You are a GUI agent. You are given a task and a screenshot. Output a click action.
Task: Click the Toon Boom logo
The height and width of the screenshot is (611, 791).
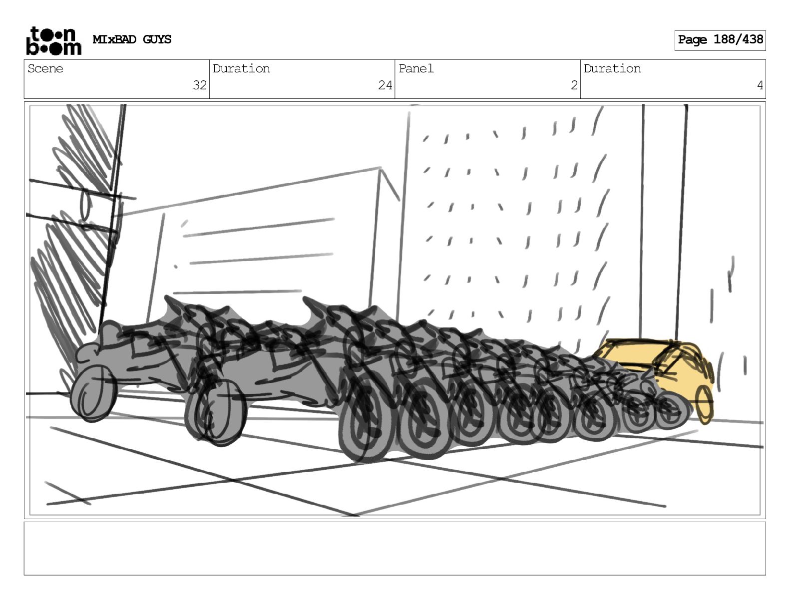pyautogui.click(x=54, y=41)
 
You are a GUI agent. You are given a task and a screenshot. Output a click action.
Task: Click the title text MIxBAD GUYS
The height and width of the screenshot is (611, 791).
pyautogui.click(x=132, y=39)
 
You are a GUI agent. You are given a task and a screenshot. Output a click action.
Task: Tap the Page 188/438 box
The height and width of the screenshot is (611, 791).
pyautogui.click(x=720, y=40)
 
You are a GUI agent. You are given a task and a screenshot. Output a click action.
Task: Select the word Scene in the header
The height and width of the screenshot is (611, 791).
pyautogui.click(x=45, y=68)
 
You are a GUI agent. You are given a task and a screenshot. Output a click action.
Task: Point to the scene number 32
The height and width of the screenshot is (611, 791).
pyautogui.click(x=199, y=85)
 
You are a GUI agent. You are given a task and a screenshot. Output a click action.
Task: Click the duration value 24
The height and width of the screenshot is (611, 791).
pyautogui.click(x=385, y=85)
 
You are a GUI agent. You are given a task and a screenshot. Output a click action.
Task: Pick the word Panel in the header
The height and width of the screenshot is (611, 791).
pyautogui.click(x=416, y=68)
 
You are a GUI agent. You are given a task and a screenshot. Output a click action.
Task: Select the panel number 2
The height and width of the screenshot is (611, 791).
pyautogui.click(x=574, y=85)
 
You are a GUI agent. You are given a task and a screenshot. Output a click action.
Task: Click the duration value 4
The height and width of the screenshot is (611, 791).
pyautogui.click(x=760, y=85)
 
